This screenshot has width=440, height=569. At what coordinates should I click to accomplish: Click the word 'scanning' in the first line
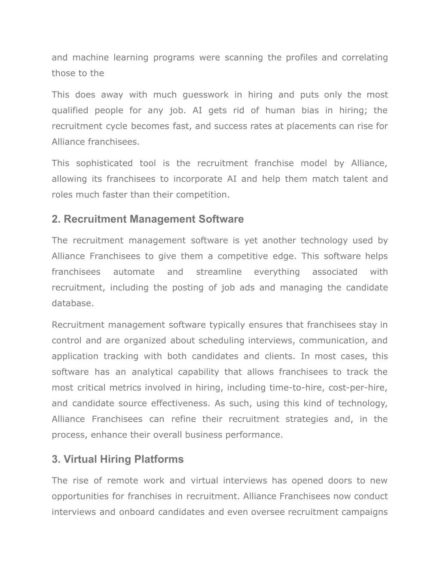click(x=244, y=58)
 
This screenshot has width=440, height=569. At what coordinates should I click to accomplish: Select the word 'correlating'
click(x=364, y=58)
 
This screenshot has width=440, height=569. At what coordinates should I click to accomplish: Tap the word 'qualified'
click(x=70, y=111)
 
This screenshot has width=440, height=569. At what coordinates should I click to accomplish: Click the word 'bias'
click(x=310, y=110)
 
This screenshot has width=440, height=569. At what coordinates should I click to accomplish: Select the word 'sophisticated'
click(x=104, y=163)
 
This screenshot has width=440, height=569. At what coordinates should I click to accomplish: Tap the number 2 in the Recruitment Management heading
click(x=55, y=219)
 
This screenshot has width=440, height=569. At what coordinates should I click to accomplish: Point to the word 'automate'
click(x=134, y=272)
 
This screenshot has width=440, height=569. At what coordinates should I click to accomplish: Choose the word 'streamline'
click(x=219, y=272)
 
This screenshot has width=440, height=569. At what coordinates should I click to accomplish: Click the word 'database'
click(x=72, y=303)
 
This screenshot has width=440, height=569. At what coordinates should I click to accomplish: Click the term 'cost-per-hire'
click(x=357, y=388)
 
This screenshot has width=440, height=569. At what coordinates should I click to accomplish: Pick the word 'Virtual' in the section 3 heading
click(x=80, y=459)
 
